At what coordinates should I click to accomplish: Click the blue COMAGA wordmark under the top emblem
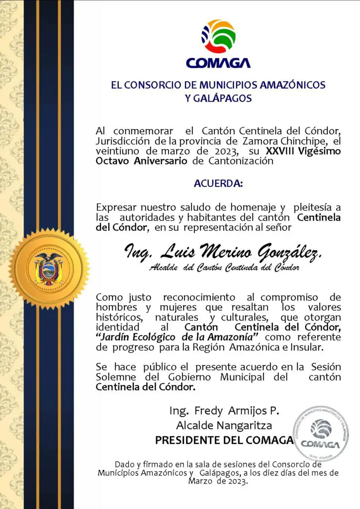[218, 63]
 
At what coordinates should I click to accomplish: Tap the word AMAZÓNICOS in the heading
[295, 85]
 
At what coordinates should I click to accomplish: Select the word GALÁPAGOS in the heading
[218, 98]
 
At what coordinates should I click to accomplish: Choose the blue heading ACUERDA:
[218, 184]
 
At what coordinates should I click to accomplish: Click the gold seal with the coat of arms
[49, 268]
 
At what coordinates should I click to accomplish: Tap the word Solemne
[113, 377]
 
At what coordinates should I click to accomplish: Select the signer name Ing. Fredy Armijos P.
[224, 411]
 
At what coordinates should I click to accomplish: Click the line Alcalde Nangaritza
[224, 425]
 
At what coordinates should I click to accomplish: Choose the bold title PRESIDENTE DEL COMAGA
[224, 440]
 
